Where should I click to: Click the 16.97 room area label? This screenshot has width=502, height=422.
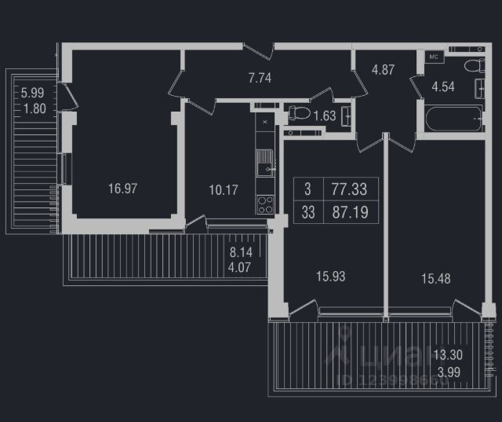tap(123, 188)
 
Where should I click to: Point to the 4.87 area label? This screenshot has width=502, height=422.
tap(383, 69)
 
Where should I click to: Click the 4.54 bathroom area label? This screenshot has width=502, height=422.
tap(445, 87)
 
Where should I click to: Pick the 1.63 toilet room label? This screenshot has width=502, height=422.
tap(325, 117)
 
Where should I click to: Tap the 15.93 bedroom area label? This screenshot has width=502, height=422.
tap(330, 276)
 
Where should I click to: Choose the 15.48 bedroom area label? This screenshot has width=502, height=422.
tap(435, 278)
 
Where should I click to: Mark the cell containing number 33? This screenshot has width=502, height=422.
tap(307, 212)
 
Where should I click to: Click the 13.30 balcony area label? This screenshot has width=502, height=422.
tap(448, 354)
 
